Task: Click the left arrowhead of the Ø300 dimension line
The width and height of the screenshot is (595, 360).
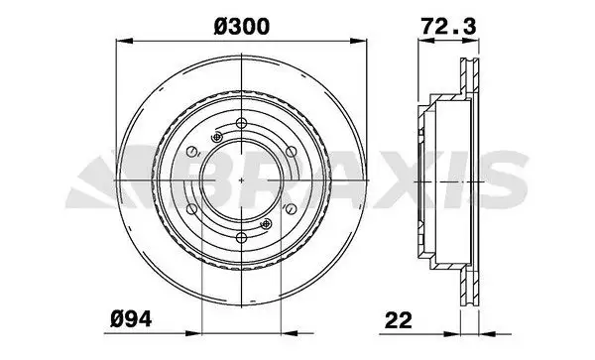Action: (121, 40)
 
